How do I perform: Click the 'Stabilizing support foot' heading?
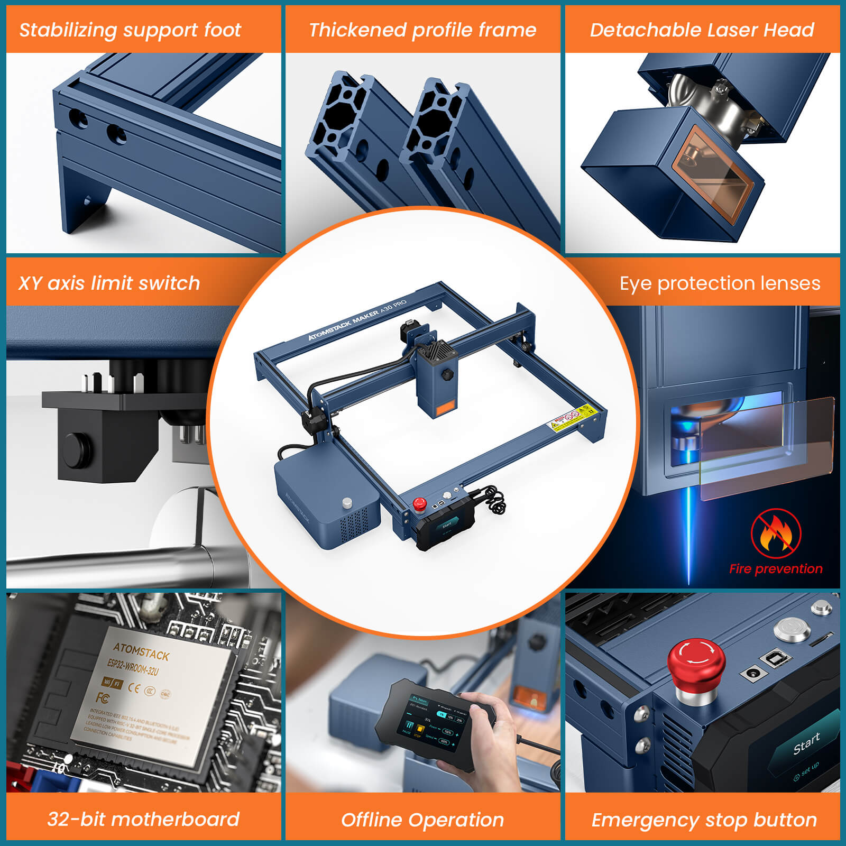(x=130, y=30)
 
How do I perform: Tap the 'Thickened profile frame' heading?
(x=422, y=30)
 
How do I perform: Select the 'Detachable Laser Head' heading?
(x=702, y=30)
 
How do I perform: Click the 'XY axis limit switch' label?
(x=109, y=283)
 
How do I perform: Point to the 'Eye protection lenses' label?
(x=720, y=283)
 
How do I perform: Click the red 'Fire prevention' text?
(x=775, y=569)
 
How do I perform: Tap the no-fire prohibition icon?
(x=775, y=534)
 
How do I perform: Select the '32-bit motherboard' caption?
(x=143, y=819)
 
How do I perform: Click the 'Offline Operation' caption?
(x=422, y=820)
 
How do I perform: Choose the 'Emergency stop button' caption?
(x=704, y=820)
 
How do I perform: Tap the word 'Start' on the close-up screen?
(x=806, y=744)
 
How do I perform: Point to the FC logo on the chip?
(x=103, y=698)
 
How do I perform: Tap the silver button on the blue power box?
(x=347, y=501)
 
